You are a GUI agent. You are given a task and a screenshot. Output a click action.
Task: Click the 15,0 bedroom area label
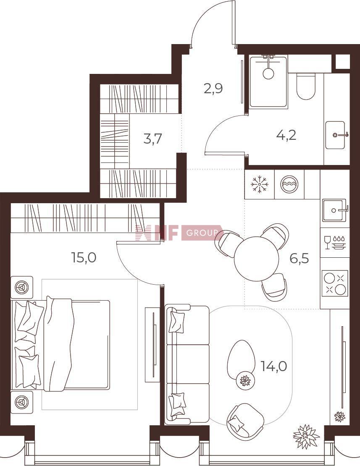[84, 257]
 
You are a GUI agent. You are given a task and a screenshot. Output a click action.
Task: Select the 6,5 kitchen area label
[300, 259]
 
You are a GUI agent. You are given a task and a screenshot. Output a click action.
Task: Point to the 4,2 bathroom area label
[286, 136]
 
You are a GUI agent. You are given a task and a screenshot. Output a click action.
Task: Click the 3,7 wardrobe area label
[152, 139]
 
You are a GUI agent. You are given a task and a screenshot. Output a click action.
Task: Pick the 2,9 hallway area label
[213, 89]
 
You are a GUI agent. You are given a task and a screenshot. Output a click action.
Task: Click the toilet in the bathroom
[305, 86]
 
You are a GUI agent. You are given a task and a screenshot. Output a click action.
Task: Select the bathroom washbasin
[336, 135]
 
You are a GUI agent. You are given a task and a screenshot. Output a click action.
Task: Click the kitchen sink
[335, 210]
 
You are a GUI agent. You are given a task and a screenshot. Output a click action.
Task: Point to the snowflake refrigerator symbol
[260, 184]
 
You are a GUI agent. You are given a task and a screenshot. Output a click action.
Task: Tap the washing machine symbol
[288, 184]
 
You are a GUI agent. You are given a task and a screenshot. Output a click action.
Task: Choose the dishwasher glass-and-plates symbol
[335, 242]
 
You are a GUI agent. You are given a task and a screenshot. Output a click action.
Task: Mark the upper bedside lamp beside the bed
[22, 288]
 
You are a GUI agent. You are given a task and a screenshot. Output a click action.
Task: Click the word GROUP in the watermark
[202, 233]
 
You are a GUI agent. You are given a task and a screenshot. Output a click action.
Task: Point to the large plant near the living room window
[306, 436]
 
